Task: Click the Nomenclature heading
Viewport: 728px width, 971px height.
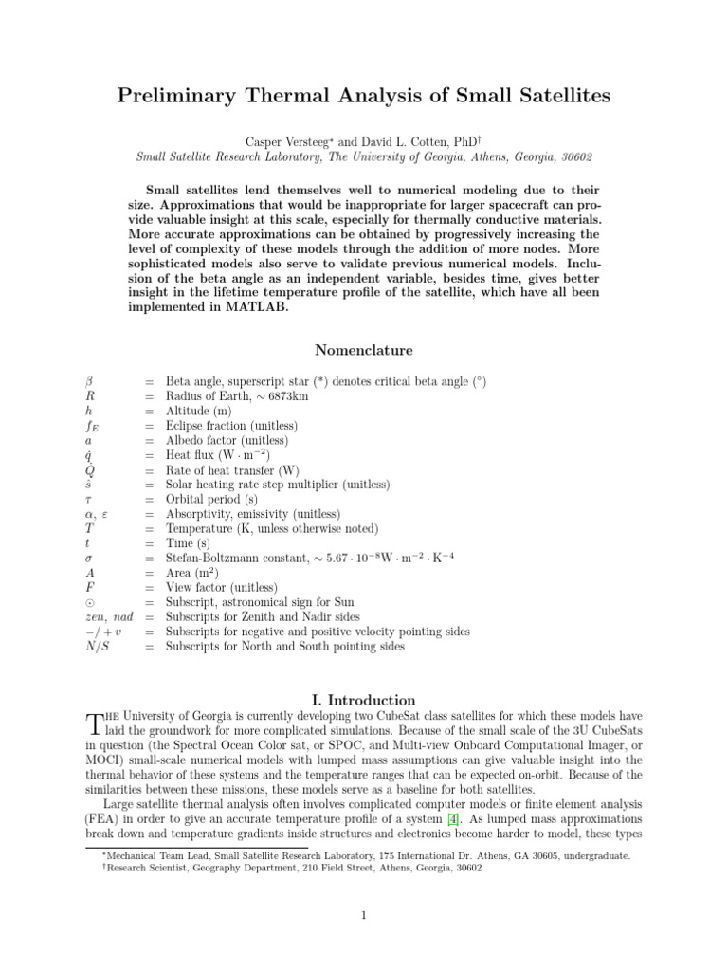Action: (364, 350)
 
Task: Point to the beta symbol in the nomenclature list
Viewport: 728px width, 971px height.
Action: (89, 381)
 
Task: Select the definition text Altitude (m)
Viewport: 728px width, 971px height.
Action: (203, 412)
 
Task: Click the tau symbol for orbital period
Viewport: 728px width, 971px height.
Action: (88, 500)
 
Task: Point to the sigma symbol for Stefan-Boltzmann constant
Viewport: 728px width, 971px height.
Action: (88, 559)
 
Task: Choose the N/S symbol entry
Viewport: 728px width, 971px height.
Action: (97, 647)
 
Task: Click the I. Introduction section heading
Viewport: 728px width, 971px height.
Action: (364, 701)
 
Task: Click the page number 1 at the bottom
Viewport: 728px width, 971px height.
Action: (364, 916)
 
